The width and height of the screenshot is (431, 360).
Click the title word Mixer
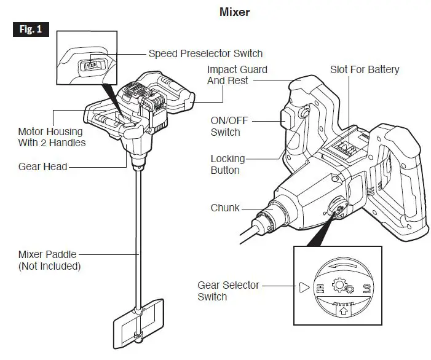point(234,12)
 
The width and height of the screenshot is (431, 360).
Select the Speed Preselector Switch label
point(205,53)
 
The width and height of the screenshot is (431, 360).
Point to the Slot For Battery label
point(365,69)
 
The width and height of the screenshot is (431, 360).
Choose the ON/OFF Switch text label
point(225,127)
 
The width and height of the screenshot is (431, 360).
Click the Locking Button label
point(227,165)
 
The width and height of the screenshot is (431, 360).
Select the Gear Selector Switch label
point(228,291)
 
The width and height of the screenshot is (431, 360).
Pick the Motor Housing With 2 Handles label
point(52,137)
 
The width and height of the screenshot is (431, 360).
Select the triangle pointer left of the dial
point(302,287)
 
